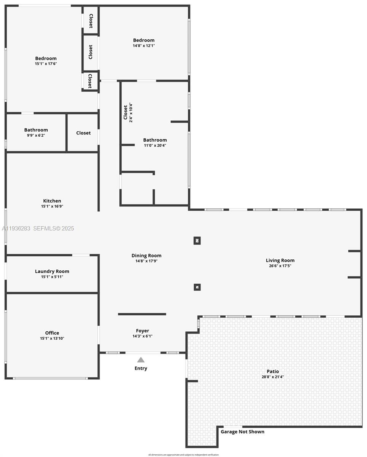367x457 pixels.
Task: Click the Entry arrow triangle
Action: [x=141, y=360]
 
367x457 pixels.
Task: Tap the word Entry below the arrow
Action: [x=141, y=368]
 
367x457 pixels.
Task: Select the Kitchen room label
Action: [x=52, y=201]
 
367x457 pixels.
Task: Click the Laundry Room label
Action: [x=52, y=271]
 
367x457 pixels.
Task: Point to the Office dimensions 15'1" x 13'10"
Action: [x=52, y=338]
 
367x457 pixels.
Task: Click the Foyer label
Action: [x=143, y=331]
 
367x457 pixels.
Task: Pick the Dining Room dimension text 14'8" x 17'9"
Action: [x=146, y=261]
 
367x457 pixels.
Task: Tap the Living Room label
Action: [x=280, y=260]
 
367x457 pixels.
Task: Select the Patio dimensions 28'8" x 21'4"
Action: [x=272, y=377]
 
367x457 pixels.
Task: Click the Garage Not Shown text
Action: [x=242, y=431]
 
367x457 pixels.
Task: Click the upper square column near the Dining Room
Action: [x=197, y=241]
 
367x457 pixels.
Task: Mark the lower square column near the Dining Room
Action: [x=197, y=287]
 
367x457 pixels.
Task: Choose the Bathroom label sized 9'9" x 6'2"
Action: [x=36, y=130]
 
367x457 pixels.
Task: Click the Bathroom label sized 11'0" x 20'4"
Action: [x=155, y=140]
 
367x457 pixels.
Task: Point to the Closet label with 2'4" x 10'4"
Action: [x=125, y=112]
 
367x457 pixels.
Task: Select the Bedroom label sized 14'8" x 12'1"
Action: [x=144, y=40]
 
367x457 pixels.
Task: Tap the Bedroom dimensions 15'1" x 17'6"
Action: [x=46, y=64]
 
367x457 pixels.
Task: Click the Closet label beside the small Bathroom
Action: [x=83, y=133]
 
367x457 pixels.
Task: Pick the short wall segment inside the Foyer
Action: [x=142, y=314]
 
